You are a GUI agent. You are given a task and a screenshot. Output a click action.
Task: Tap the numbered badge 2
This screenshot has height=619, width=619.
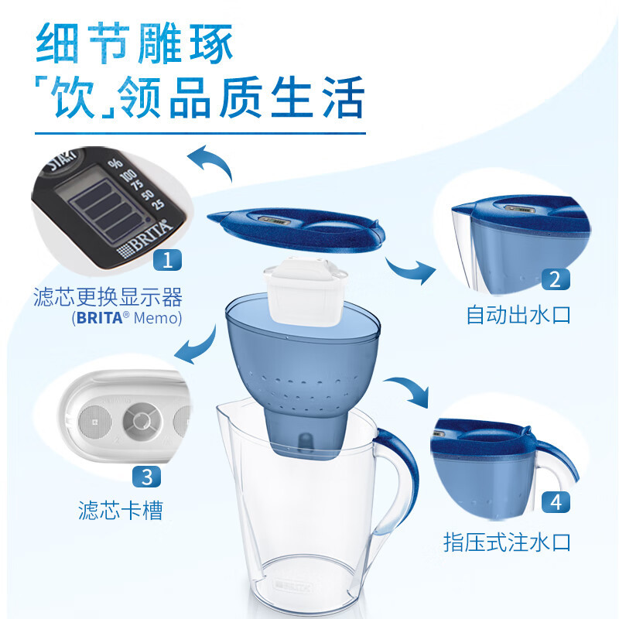[x=555, y=279]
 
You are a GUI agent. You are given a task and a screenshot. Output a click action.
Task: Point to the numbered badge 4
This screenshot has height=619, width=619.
[x=555, y=503]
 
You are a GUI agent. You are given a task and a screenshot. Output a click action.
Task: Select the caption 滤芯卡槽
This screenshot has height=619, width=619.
[x=119, y=510]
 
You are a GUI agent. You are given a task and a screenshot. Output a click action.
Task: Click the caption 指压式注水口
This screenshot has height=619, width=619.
[x=508, y=541]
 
